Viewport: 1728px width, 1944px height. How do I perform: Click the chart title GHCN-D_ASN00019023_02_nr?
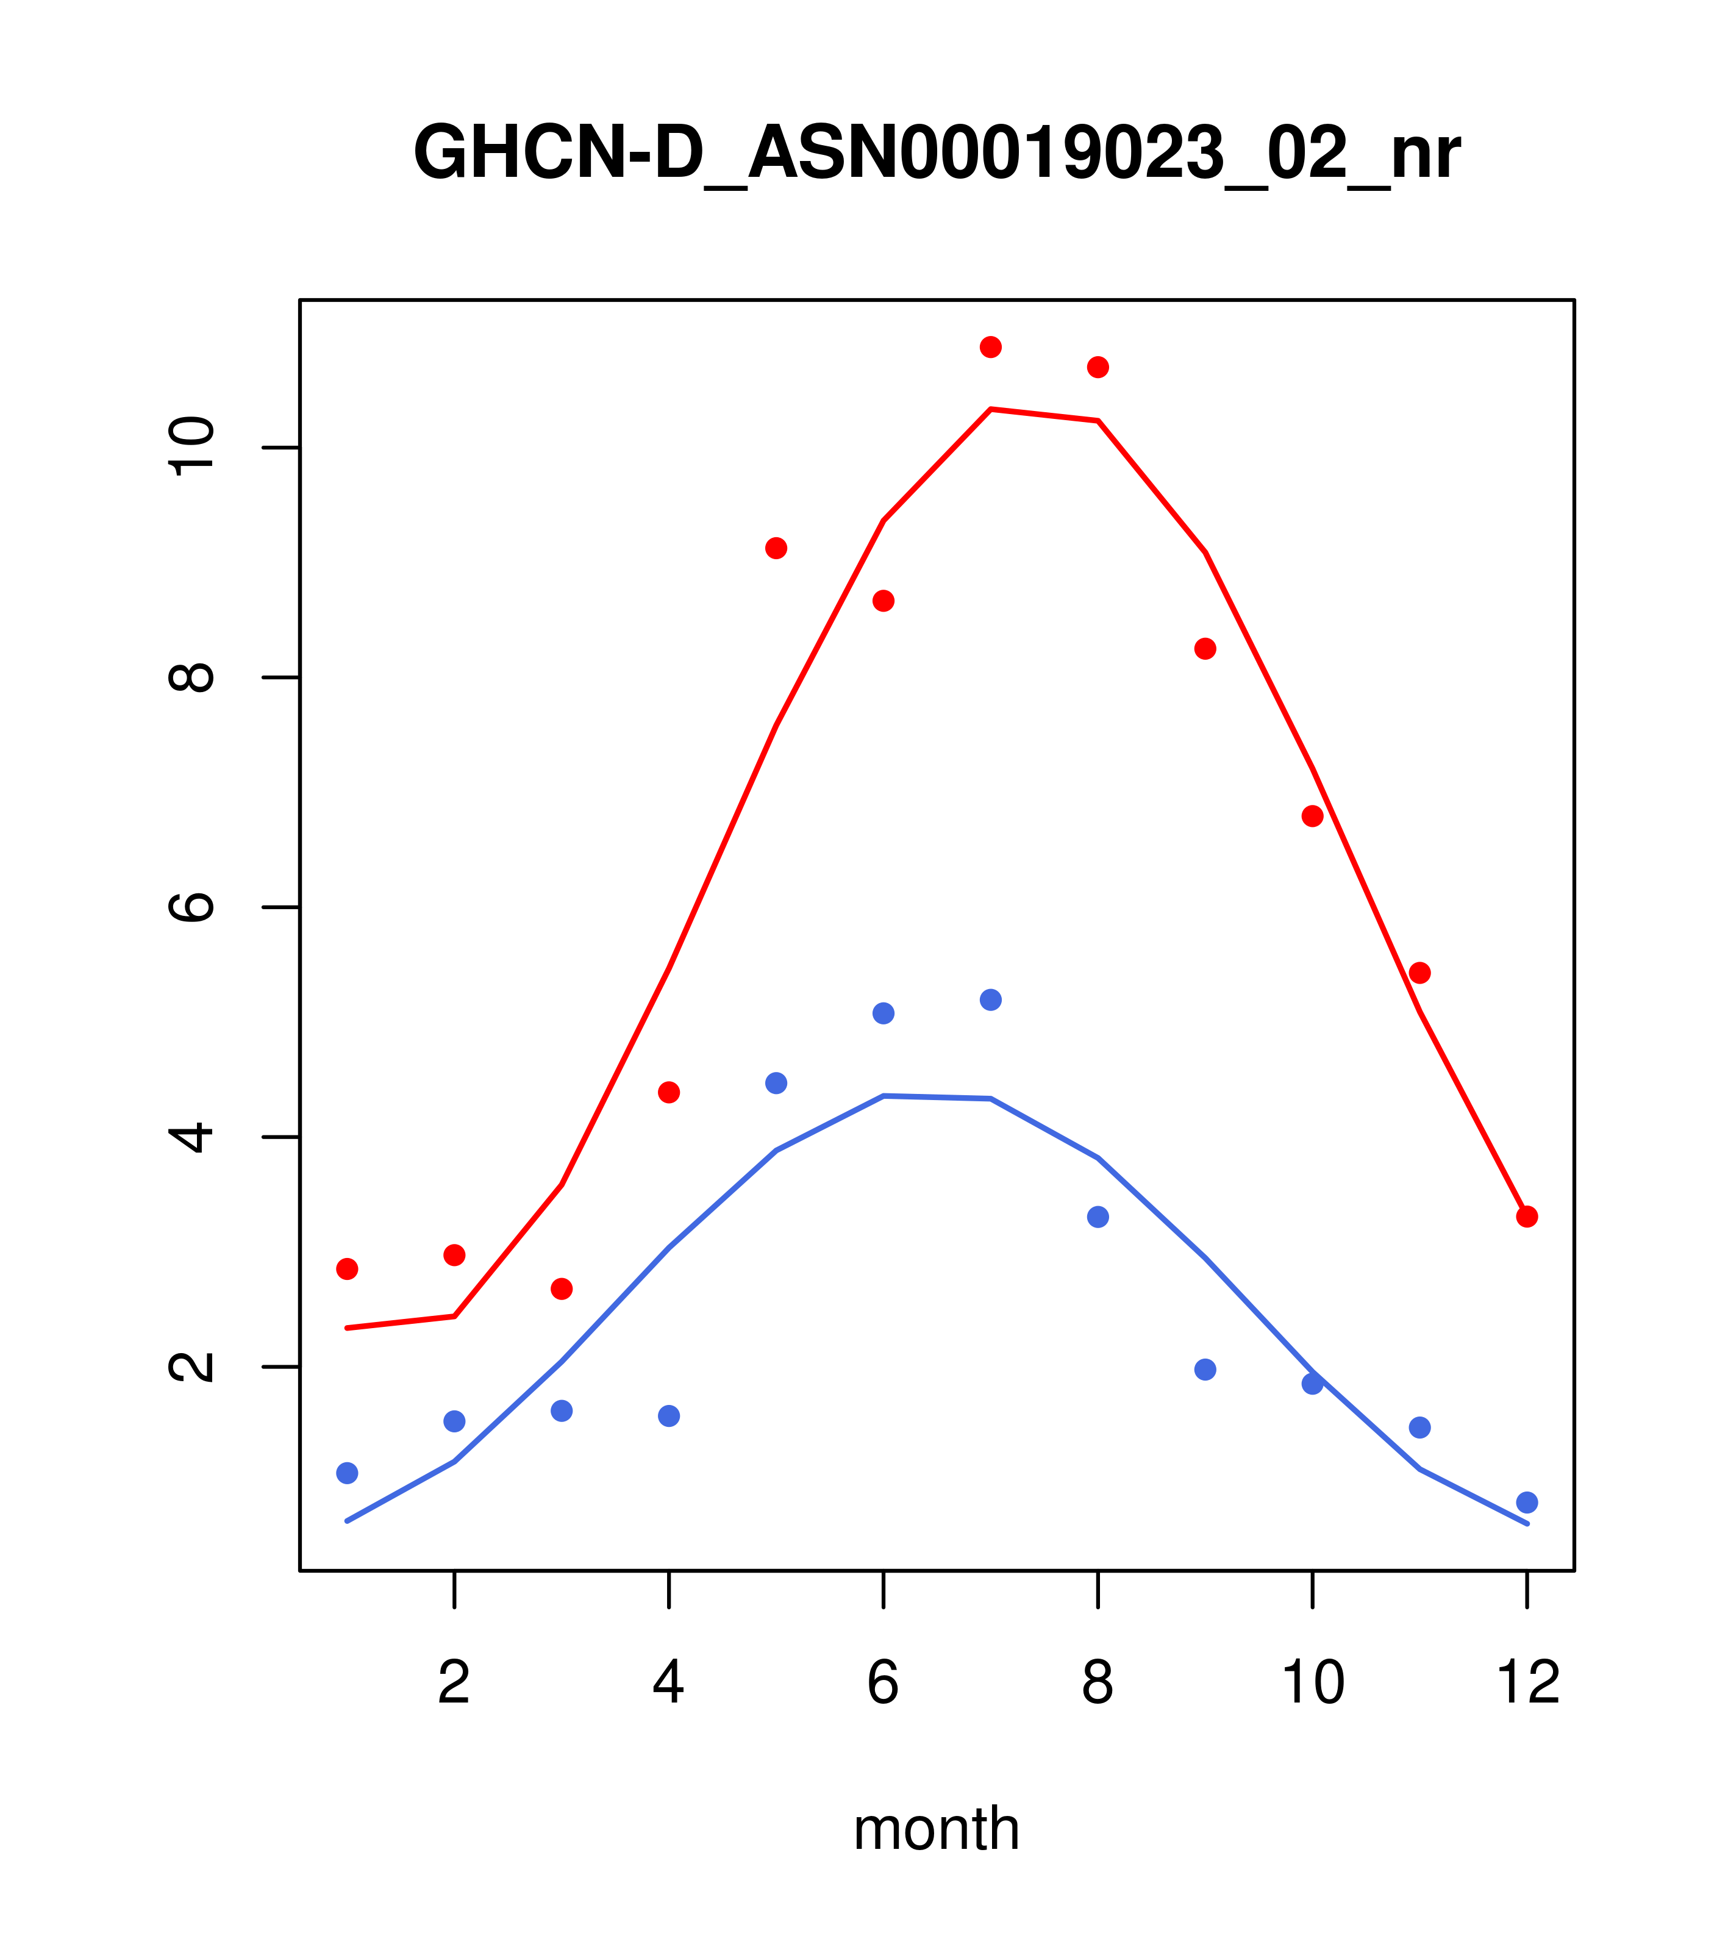936,153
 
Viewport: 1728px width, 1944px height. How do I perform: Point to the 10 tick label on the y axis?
191,447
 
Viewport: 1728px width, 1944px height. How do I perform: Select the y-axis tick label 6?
191,906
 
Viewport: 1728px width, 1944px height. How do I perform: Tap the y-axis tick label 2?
191,1366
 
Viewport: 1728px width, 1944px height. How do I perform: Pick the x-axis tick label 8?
1098,1682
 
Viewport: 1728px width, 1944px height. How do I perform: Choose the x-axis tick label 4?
668,1682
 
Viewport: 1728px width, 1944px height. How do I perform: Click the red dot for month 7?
990,347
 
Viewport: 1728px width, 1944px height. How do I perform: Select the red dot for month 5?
776,548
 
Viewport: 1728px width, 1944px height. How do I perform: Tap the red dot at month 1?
347,1269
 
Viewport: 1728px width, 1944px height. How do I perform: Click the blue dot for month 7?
990,999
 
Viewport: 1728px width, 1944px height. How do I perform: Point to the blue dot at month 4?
668,1416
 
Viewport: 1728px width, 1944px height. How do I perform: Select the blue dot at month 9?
1205,1370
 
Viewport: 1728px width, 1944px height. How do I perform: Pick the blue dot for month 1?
347,1473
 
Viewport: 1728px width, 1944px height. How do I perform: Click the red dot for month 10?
1312,816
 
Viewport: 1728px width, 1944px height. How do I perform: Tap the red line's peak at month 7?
990,409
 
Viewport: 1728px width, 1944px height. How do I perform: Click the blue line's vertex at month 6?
884,1096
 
